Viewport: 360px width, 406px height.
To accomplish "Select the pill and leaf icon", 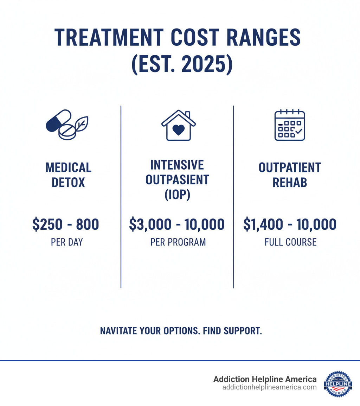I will pyautogui.click(x=67, y=125).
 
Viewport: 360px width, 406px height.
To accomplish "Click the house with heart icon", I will pyautogui.click(x=179, y=126).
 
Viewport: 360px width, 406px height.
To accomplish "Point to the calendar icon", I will pyautogui.click(x=290, y=126).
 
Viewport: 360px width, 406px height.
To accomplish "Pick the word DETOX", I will pyautogui.click(x=68, y=183).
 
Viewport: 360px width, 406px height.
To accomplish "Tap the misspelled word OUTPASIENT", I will pyautogui.click(x=177, y=179).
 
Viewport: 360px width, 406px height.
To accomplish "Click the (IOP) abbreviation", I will pyautogui.click(x=177, y=195).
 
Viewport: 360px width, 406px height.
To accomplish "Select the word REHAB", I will pyautogui.click(x=290, y=183).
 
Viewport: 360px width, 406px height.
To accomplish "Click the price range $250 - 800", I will pyautogui.click(x=66, y=224).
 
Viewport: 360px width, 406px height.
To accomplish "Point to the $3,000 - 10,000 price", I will pyautogui.click(x=177, y=224).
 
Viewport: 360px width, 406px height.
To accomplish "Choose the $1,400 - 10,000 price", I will pyautogui.click(x=290, y=224).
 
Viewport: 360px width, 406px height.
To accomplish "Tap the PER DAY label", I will pyautogui.click(x=67, y=242).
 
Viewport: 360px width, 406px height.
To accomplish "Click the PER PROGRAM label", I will pyautogui.click(x=178, y=242).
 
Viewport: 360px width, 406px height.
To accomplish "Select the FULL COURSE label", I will pyautogui.click(x=290, y=242).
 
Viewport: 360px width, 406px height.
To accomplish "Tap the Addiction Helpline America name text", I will pyautogui.click(x=265, y=379).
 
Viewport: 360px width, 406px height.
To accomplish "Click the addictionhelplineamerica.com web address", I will pyautogui.click(x=270, y=387).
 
